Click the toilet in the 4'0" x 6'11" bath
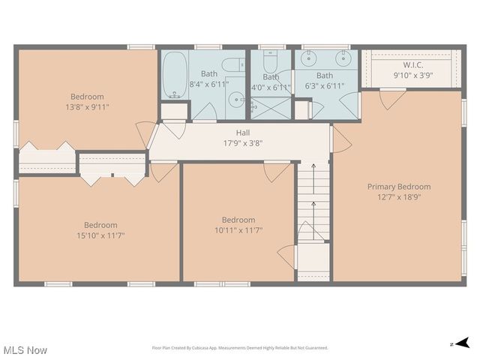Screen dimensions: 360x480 [x=271, y=60]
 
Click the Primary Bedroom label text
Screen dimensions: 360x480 [x=398, y=187]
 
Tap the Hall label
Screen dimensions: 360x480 [x=242, y=133]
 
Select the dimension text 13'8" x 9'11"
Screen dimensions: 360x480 [x=87, y=107]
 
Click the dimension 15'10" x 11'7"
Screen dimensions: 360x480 [x=100, y=235]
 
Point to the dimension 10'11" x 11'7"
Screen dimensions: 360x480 [x=238, y=230]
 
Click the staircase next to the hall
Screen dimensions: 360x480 [x=313, y=202]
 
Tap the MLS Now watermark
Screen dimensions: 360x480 [x=25, y=349]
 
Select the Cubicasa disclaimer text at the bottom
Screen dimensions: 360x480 [x=239, y=348]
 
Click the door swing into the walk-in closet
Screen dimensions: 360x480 [x=391, y=97]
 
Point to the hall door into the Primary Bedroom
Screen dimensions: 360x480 [x=340, y=140]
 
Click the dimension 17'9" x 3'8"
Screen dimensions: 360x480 [x=242, y=142]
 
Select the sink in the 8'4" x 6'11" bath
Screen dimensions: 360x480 [x=235, y=99]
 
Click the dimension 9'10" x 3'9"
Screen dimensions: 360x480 [x=412, y=75]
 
